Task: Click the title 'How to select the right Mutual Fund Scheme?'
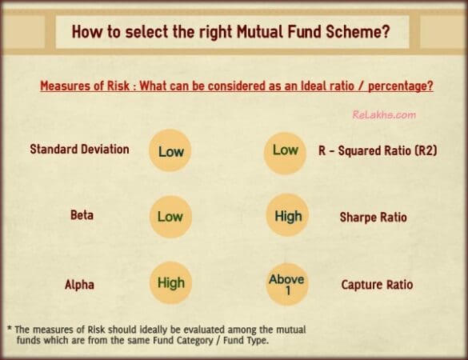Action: coord(232,34)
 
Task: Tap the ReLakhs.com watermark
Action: coord(383,115)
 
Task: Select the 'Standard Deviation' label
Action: coord(79,149)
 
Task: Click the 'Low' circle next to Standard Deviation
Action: coord(170,150)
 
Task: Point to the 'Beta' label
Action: coord(79,216)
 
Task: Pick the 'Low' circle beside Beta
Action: coord(170,217)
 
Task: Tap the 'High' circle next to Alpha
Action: coord(170,283)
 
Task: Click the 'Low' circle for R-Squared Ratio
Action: coord(286,150)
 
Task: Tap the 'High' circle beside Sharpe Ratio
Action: coord(288,217)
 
